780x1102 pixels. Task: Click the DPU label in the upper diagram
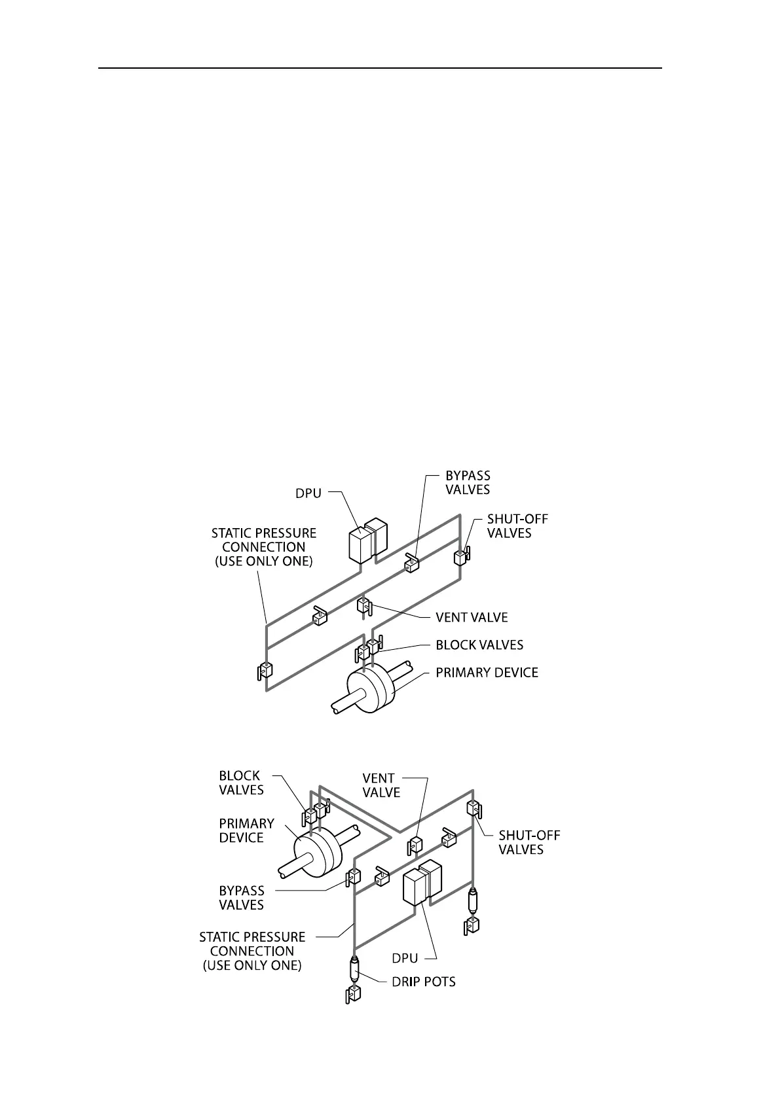click(x=308, y=493)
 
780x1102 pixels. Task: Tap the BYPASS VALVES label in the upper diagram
click(x=468, y=482)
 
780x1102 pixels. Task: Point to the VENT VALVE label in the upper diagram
click(x=472, y=617)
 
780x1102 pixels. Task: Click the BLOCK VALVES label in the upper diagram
click(x=479, y=645)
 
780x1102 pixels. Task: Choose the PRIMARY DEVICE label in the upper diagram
click(x=487, y=672)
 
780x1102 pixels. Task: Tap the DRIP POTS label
click(x=424, y=982)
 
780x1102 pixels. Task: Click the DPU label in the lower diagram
click(x=405, y=958)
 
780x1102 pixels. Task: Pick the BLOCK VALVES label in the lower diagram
click(x=241, y=783)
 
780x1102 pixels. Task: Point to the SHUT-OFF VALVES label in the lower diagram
click(x=529, y=842)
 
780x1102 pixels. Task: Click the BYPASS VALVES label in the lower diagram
click(x=242, y=898)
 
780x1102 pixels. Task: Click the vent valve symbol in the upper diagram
click(x=363, y=605)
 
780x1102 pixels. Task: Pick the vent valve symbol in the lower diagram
click(x=415, y=845)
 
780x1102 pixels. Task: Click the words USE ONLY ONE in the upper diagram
click(x=264, y=561)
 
